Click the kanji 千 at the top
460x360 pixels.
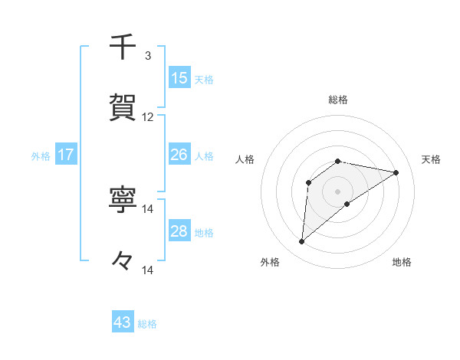(x=123, y=47)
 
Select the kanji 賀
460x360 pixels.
(x=123, y=106)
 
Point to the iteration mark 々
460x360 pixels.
(x=123, y=260)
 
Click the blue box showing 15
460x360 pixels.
(x=179, y=78)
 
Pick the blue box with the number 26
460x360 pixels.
(x=179, y=155)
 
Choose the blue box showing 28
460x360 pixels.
(x=179, y=231)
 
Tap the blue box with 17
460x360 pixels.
(x=66, y=155)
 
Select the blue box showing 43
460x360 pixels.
(x=123, y=322)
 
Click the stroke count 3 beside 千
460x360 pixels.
(x=148, y=56)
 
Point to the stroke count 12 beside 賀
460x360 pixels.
(x=148, y=117)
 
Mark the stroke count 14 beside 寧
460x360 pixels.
(x=148, y=209)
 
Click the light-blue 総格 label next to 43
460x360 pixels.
(x=148, y=324)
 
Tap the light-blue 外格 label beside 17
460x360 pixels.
(x=41, y=156)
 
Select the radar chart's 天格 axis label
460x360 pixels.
(x=431, y=159)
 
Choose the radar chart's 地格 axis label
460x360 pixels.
(x=402, y=262)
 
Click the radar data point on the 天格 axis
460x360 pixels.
(x=396, y=172)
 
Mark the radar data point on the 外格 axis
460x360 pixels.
(x=301, y=242)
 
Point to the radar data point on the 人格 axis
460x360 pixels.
(x=308, y=182)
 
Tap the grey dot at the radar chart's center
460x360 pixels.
(x=337, y=191)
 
